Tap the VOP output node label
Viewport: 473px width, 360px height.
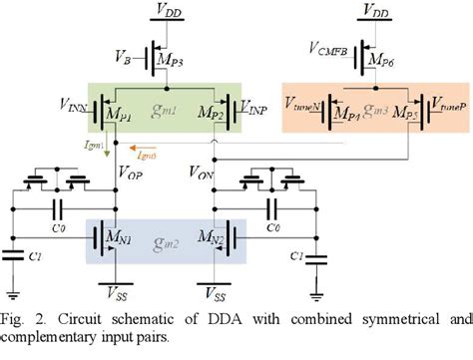tap(132, 171)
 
